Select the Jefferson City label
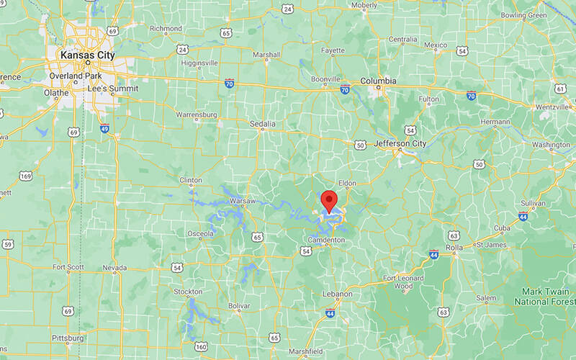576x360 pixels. (x=400, y=144)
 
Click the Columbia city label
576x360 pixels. (x=378, y=81)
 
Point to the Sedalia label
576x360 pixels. (x=263, y=124)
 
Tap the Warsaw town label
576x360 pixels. (x=243, y=201)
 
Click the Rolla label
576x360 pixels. (x=454, y=248)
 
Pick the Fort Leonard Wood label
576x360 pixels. (x=408, y=282)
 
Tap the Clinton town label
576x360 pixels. (x=190, y=180)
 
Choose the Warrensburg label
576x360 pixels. (x=197, y=114)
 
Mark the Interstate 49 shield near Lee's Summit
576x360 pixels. (x=104, y=127)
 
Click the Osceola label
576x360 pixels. (x=199, y=233)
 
